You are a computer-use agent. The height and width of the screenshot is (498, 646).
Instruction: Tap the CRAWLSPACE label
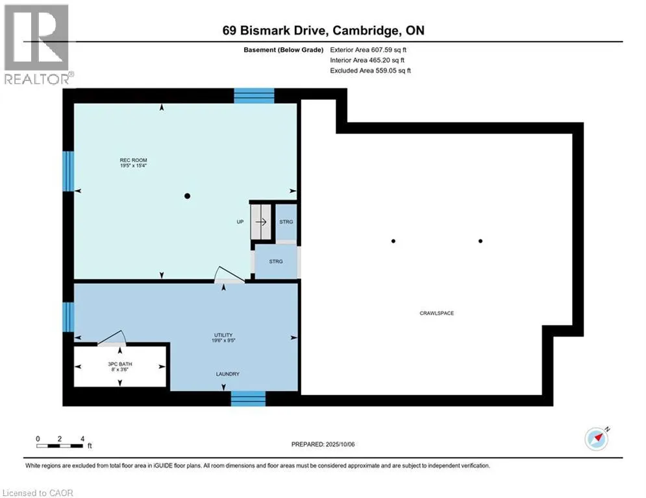(437, 313)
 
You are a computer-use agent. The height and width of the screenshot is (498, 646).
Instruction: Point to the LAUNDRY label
(227, 374)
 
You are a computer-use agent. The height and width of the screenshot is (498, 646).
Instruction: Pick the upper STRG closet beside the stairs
(286, 222)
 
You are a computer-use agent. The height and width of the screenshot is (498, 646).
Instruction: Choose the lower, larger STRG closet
(276, 261)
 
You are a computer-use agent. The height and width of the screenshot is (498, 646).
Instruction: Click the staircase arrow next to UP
(261, 222)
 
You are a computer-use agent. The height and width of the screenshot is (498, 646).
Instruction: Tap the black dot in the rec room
(188, 196)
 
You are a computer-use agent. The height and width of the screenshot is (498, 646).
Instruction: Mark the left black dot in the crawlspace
(393, 241)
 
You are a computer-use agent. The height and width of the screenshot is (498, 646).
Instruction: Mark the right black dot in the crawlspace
(480, 241)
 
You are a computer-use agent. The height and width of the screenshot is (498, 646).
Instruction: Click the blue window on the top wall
(255, 96)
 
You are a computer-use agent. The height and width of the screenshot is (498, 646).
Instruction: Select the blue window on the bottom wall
(248, 398)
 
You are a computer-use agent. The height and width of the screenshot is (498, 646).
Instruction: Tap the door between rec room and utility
(229, 276)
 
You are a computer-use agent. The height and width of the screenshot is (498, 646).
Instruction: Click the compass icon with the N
(597, 439)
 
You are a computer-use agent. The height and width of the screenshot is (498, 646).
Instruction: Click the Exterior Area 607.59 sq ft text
(368, 50)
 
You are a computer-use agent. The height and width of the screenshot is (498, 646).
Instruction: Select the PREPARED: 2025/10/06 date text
(323, 444)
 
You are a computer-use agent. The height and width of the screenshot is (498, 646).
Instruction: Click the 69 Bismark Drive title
(323, 30)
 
